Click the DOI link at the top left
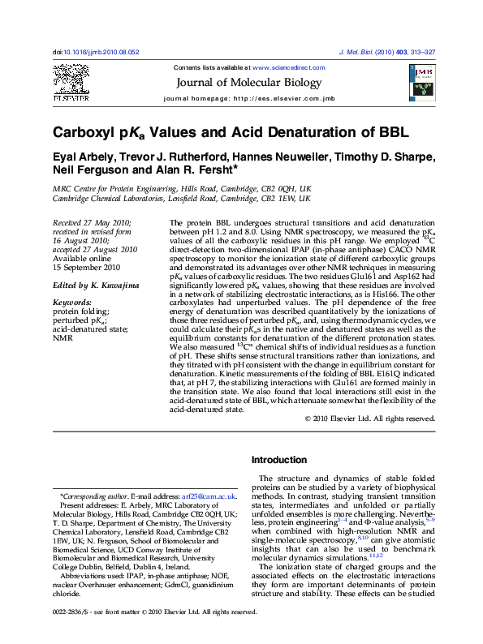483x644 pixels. [96, 52]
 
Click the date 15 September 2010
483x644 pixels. [86, 267]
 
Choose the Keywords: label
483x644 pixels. [72, 300]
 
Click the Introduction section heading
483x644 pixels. [279, 460]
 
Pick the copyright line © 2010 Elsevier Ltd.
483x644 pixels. [370, 419]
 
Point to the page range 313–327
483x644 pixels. [420, 52]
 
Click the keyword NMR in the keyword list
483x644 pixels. [63, 338]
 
